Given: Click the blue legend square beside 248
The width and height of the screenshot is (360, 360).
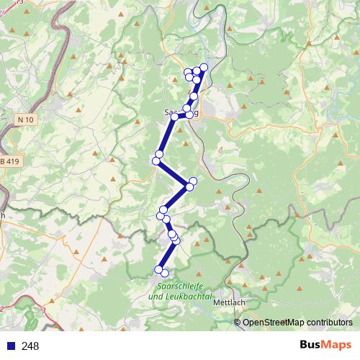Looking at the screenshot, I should coord(11,346).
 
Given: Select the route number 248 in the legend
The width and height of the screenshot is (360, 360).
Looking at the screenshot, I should coord(30,346).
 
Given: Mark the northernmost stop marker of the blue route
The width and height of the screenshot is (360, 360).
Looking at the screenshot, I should coord(203,67).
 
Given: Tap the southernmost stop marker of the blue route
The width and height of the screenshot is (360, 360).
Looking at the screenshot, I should coord(164,272).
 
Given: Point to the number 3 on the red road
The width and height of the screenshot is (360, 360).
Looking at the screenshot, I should coord(44,309).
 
